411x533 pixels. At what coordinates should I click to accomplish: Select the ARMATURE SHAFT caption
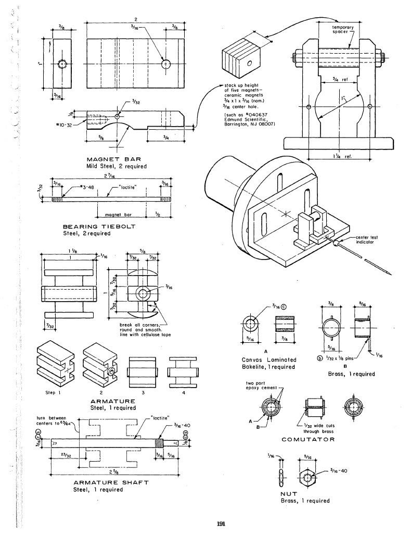pyautogui.click(x=110, y=482)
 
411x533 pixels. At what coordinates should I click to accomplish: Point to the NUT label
pyautogui.click(x=289, y=493)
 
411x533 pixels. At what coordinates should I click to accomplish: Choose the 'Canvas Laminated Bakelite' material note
pyautogui.click(x=269, y=363)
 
